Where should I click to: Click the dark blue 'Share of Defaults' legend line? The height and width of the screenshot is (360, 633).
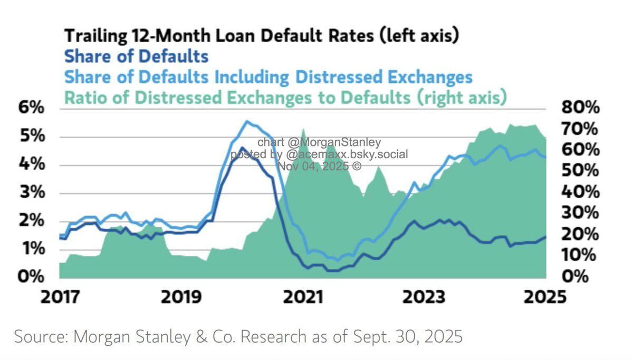pos(136,56)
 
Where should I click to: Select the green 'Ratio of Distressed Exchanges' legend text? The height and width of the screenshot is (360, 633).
pos(285,98)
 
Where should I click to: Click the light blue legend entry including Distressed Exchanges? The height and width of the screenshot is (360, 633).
pos(268,77)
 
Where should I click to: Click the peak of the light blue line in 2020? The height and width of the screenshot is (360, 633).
pos(246,121)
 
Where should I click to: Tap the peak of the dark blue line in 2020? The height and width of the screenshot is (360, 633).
pos(242,148)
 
